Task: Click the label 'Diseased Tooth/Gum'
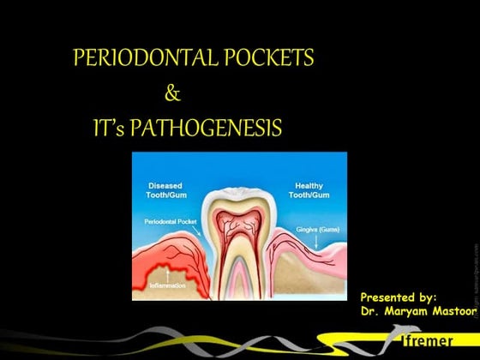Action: point(165,189)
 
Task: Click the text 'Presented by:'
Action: point(399,296)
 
